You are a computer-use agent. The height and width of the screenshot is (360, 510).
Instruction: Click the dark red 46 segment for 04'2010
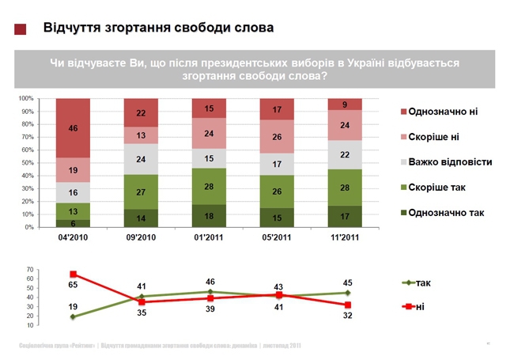(x=73, y=128)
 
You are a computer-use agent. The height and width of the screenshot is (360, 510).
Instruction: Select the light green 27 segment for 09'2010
(x=141, y=191)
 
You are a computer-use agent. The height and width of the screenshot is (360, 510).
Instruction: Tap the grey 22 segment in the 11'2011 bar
(x=344, y=155)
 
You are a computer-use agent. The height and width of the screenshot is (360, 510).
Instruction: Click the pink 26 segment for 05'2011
(x=277, y=137)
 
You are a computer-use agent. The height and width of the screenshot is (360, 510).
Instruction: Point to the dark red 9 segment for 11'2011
(x=344, y=104)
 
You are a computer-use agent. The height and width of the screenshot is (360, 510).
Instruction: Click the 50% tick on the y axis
(x=25, y=163)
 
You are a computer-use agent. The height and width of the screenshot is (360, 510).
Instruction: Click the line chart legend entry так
(x=422, y=282)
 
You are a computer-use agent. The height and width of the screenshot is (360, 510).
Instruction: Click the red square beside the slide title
(x=21, y=28)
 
